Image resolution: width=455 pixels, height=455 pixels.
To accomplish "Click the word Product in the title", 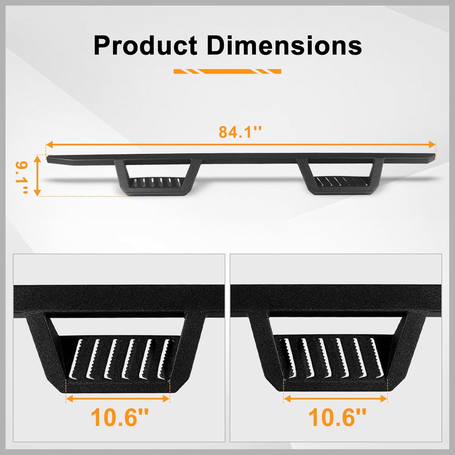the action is point(146,45).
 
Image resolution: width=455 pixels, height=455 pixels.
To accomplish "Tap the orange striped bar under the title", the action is point(227,72).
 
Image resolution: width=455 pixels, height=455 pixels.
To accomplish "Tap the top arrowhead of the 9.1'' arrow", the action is point(37,158).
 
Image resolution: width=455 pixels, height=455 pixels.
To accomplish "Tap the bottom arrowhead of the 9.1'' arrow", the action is point(37,192).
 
